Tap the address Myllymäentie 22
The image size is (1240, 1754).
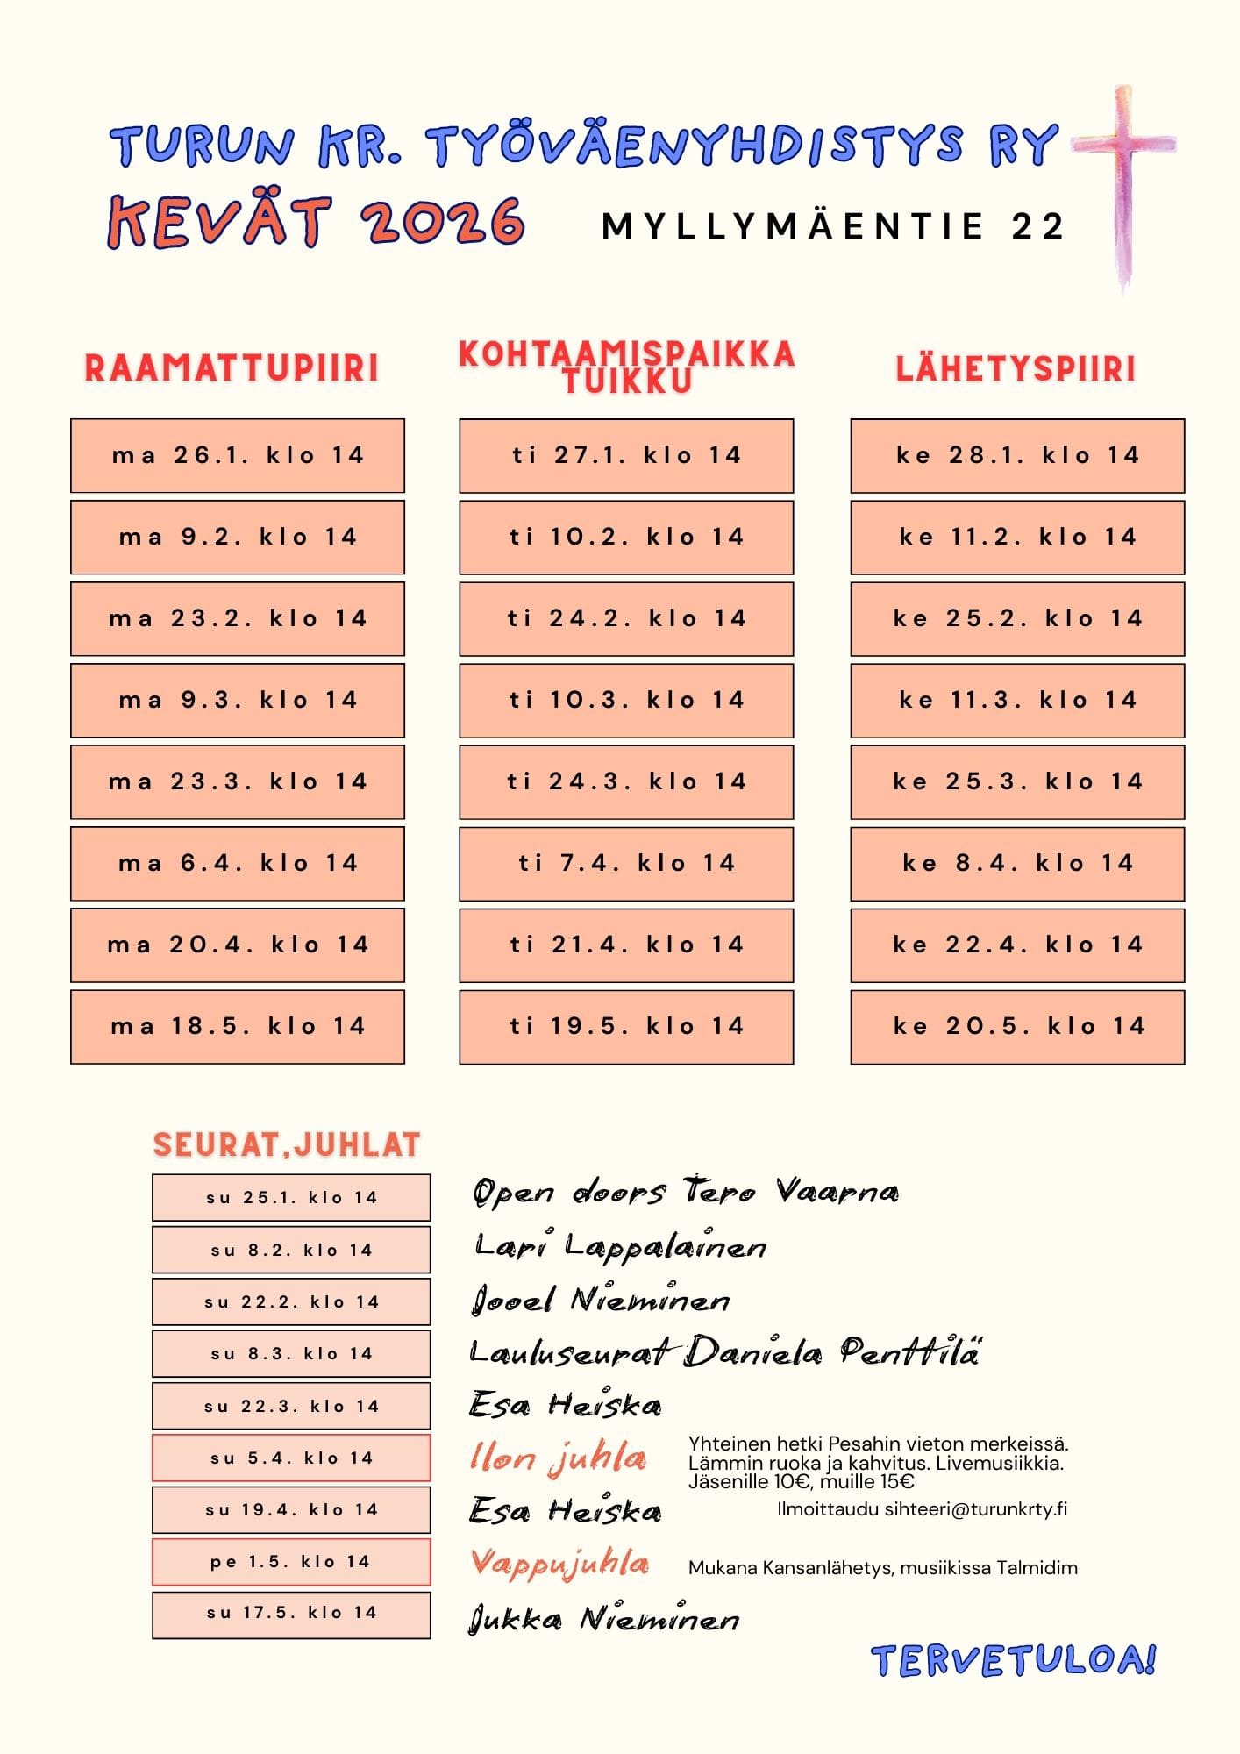(x=832, y=226)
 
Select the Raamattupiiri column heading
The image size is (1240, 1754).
(x=232, y=368)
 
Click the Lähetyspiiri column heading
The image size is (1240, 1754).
(x=1016, y=369)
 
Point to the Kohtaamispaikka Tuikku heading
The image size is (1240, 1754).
(x=626, y=367)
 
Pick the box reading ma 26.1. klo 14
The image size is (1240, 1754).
(x=238, y=455)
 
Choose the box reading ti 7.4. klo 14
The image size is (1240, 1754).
(x=626, y=864)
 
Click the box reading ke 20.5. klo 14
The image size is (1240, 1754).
(x=1017, y=1027)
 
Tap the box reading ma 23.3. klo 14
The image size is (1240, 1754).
(x=238, y=781)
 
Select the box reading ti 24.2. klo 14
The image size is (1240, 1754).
(x=626, y=618)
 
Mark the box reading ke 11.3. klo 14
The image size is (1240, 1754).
(x=1017, y=700)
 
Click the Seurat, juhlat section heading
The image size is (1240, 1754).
(x=287, y=1145)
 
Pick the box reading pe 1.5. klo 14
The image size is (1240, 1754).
(x=291, y=1562)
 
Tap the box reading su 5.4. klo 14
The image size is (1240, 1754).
(x=291, y=1458)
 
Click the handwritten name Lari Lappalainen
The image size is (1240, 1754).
(x=621, y=1246)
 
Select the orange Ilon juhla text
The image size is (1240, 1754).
(x=558, y=1458)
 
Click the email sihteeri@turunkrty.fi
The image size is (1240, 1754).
(x=975, y=1509)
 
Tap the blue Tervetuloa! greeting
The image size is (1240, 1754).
(x=1014, y=1660)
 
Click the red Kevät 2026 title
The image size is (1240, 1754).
(x=316, y=221)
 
